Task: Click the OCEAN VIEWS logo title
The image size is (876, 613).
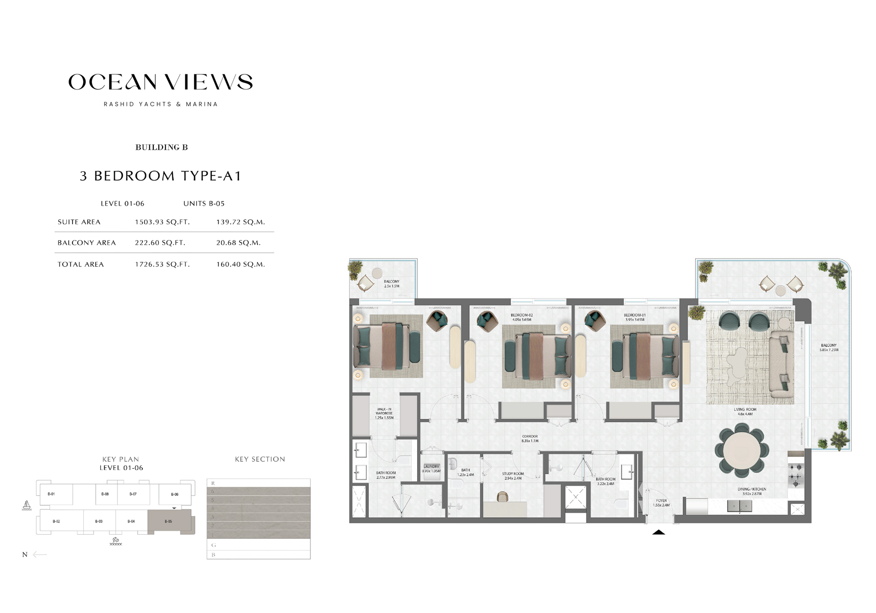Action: (x=161, y=82)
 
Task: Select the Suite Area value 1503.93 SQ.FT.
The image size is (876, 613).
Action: (x=162, y=222)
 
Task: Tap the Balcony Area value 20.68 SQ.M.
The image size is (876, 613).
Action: (x=238, y=243)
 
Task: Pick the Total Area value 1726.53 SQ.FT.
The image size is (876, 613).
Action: (x=162, y=264)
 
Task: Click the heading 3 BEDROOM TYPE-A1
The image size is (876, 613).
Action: (x=161, y=176)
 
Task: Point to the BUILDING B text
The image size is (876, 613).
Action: (x=161, y=147)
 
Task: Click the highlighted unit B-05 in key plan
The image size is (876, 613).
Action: (x=168, y=522)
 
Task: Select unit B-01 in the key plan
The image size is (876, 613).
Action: (x=51, y=494)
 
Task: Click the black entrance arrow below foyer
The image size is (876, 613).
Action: (x=658, y=532)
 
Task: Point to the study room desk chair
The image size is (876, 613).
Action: (x=502, y=496)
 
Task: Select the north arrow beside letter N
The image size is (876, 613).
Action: (x=39, y=555)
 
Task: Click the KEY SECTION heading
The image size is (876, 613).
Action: (x=260, y=459)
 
